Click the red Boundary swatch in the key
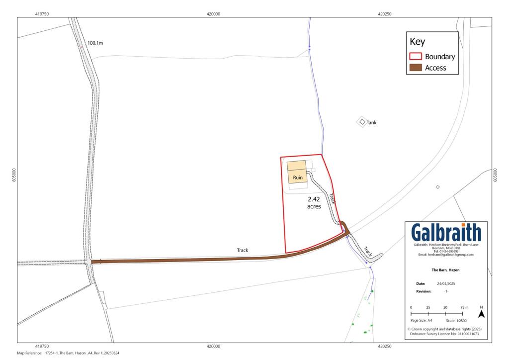[415, 57]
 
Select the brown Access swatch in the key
[415, 68]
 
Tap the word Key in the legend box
[417, 42]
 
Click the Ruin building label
[298, 178]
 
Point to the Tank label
[371, 122]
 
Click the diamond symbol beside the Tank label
[362, 122]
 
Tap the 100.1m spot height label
[95, 43]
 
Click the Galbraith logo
[446, 232]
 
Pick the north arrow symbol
[481, 314]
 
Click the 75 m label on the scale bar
[464, 308]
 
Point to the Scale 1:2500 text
[456, 321]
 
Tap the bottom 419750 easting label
[42, 346]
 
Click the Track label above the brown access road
[242, 251]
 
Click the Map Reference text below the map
[68, 353]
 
